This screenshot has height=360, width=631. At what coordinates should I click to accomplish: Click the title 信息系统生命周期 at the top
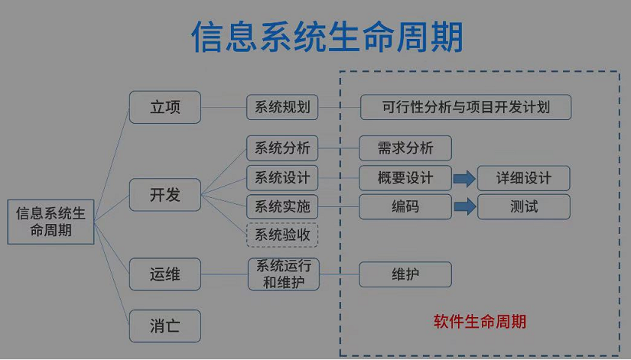[327, 37]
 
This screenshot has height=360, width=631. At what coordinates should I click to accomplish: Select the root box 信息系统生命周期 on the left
[51, 222]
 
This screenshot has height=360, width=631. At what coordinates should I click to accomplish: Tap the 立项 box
[164, 107]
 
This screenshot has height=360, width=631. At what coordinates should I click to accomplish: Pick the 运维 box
[164, 274]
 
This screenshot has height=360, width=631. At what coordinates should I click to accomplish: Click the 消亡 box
[164, 326]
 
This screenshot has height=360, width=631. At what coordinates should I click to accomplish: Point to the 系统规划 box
[282, 107]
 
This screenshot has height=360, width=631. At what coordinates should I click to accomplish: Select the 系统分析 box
[282, 148]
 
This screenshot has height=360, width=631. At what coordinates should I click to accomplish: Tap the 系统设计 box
[282, 178]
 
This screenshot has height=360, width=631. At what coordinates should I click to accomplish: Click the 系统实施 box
[282, 206]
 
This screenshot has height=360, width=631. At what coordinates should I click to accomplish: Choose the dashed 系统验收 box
[282, 235]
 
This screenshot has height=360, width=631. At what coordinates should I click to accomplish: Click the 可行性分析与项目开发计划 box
[466, 107]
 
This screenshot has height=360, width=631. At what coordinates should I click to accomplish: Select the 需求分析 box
[405, 148]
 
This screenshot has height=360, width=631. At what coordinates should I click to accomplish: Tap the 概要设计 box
[405, 178]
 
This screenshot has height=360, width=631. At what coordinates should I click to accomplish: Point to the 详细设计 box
[524, 178]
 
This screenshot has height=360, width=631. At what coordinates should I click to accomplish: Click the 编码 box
[405, 206]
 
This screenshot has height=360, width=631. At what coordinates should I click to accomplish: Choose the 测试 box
[524, 206]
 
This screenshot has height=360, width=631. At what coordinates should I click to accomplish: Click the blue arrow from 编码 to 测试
[464, 206]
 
